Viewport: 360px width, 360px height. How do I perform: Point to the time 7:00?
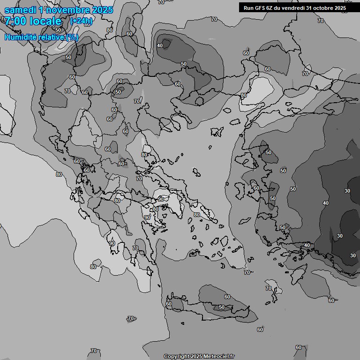15,21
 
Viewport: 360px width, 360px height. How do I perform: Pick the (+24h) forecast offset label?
81,21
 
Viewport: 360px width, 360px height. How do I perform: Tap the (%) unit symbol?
72,37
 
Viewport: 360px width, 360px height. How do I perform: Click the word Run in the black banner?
248,8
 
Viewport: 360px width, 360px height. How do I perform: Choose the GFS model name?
261,8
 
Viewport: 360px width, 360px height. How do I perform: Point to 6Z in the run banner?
272,8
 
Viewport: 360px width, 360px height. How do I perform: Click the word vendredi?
295,8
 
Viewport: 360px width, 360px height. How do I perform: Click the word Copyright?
177,357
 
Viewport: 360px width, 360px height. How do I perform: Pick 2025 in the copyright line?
197,357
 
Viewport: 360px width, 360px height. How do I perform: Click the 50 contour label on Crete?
222,307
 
